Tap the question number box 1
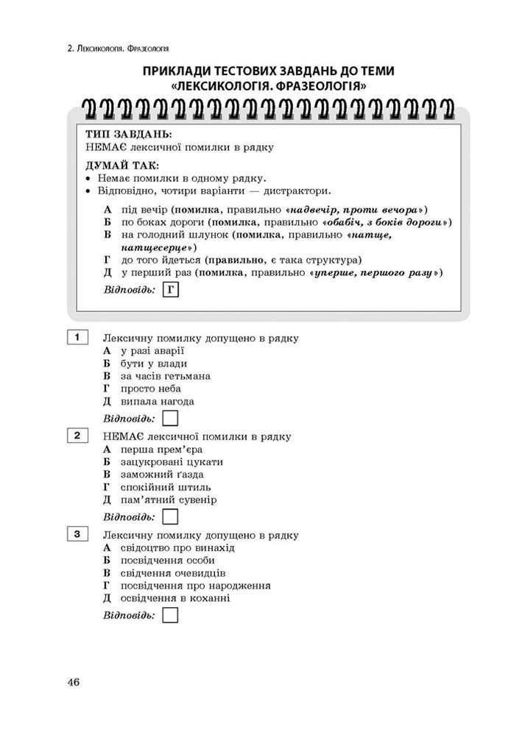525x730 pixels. tap(77, 338)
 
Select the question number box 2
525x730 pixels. tap(77, 436)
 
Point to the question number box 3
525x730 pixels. tap(77, 534)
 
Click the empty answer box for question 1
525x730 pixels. tap(170, 419)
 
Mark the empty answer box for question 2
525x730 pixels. tap(170, 517)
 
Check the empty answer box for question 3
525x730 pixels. tap(170, 614)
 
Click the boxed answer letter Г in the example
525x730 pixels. tap(170, 290)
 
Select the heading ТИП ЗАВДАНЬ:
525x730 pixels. tap(129, 135)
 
